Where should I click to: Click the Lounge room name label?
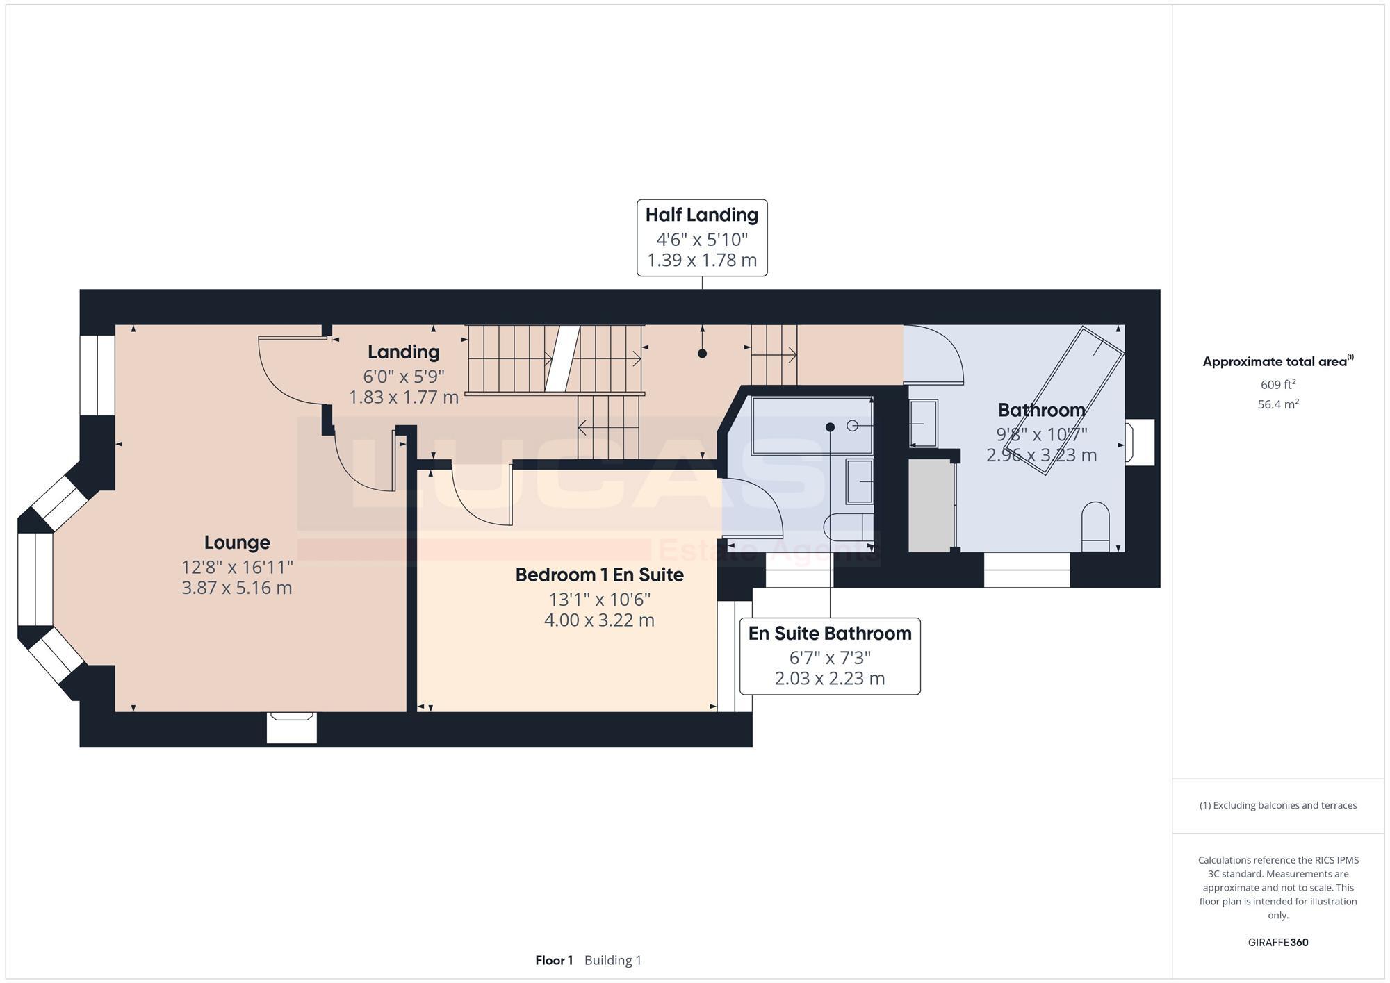click(237, 543)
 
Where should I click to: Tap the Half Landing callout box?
click(702, 238)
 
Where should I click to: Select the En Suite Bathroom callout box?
click(830, 656)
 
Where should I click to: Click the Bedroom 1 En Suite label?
click(599, 575)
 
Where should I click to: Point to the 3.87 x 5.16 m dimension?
click(237, 588)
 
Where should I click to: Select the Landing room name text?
click(403, 352)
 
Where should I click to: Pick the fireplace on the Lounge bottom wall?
click(292, 727)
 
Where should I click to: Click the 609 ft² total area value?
click(1277, 384)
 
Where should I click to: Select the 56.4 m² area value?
click(1277, 404)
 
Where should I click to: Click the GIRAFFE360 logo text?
click(1277, 943)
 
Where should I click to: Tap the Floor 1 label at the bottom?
click(554, 961)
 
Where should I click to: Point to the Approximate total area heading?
click(1277, 362)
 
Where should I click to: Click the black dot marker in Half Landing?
click(702, 354)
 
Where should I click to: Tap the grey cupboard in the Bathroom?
click(931, 506)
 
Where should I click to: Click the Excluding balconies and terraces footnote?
click(1277, 806)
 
